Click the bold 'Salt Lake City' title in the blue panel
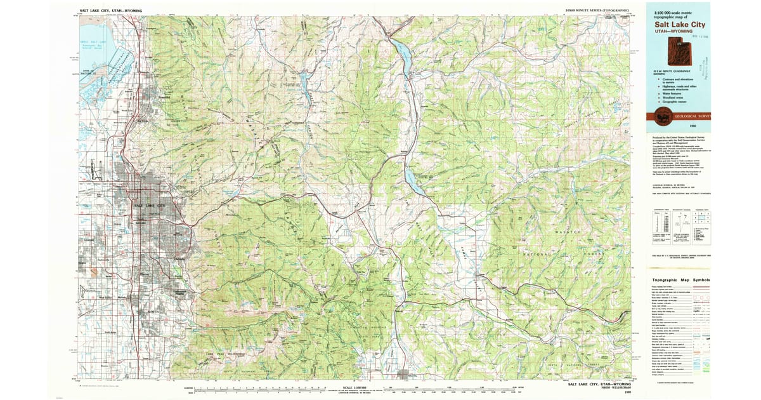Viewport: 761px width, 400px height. (x=679, y=24)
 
